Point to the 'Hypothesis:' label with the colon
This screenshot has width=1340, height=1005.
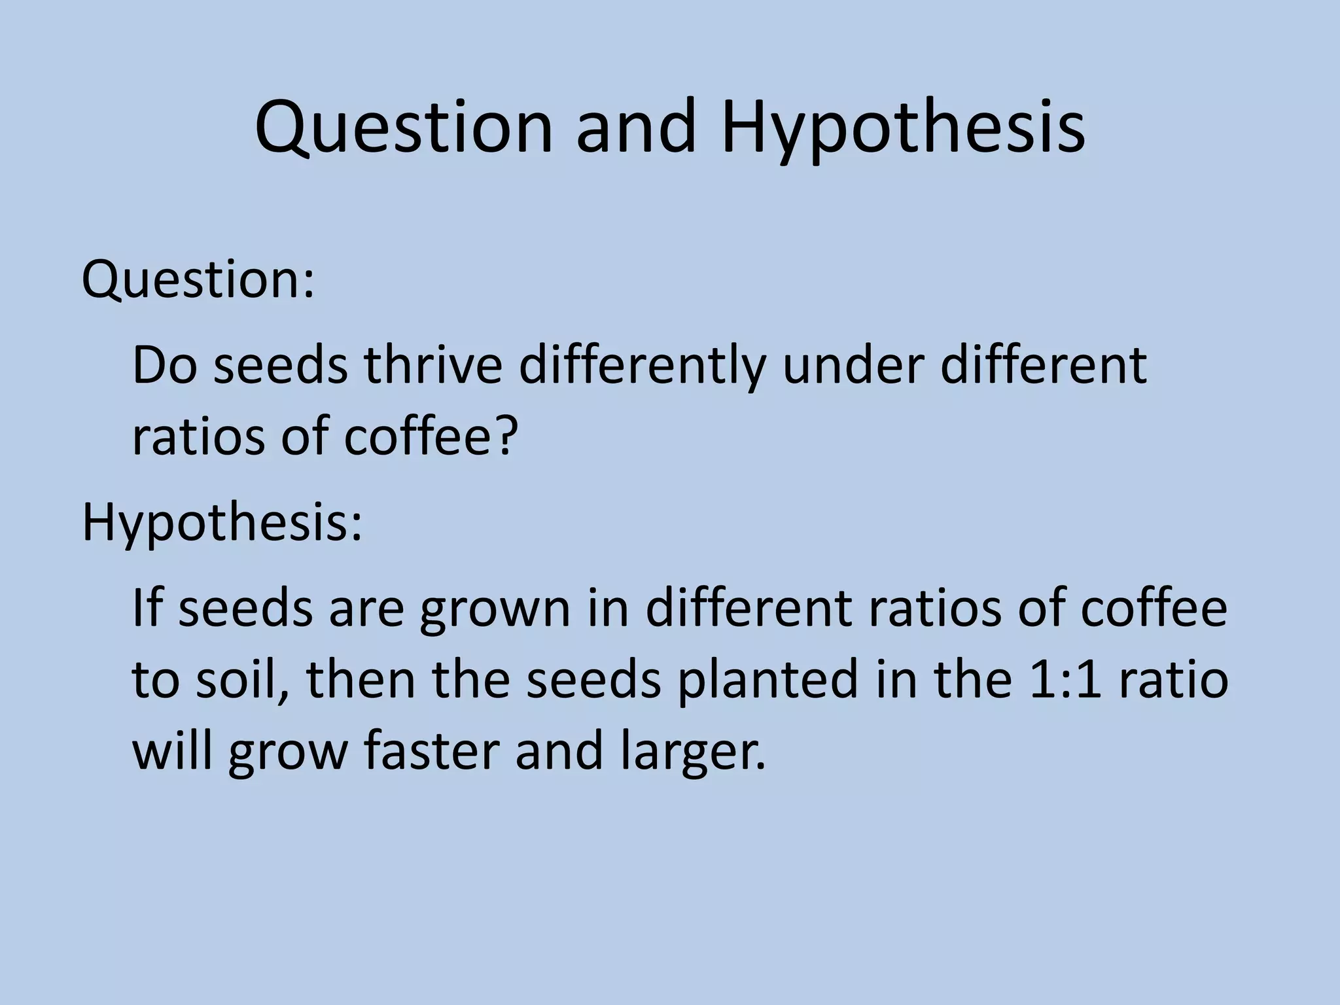pyautogui.click(x=222, y=524)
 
